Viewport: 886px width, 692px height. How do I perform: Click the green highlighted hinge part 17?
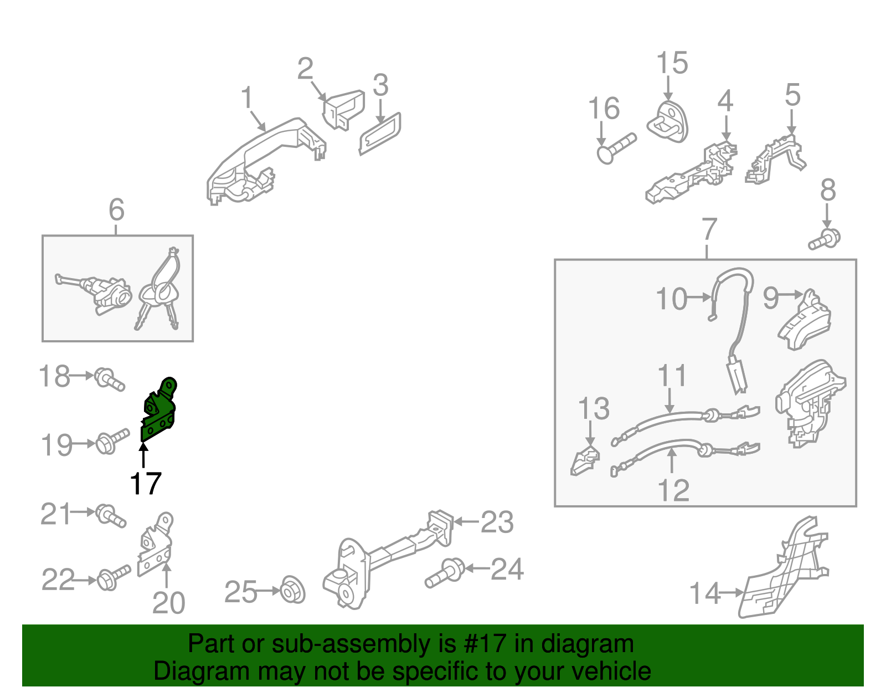(158, 412)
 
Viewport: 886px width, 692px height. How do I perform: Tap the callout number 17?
(146, 483)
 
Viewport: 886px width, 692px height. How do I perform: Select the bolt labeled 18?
(109, 379)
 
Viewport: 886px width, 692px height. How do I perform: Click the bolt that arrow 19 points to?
(112, 441)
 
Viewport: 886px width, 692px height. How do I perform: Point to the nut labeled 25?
(292, 590)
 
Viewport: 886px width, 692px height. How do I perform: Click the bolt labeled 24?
(445, 572)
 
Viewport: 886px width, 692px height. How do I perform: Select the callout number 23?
(497, 522)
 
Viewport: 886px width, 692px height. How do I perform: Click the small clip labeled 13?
(584, 461)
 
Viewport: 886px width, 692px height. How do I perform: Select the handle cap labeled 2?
(343, 110)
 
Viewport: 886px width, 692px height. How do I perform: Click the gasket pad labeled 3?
(380, 134)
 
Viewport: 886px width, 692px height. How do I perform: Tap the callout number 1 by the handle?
(246, 98)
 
